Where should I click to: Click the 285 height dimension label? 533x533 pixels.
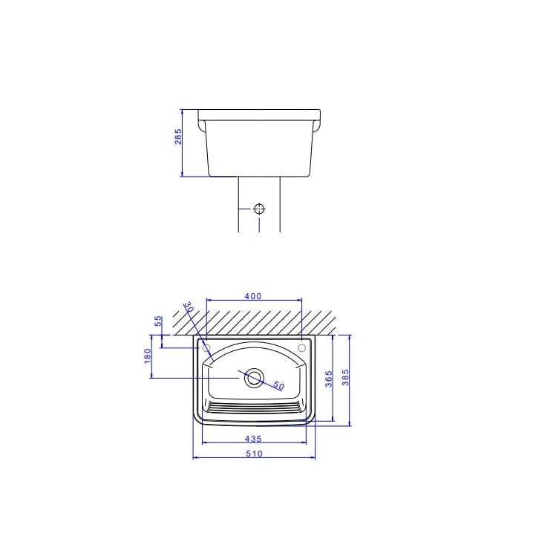tap(178, 137)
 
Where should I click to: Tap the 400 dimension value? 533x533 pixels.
tap(252, 296)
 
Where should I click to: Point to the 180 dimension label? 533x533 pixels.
tap(148, 356)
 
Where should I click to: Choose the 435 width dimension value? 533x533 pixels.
tap(254, 439)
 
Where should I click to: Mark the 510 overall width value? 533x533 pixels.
tap(254, 454)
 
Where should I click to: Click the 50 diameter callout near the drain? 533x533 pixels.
tap(279, 385)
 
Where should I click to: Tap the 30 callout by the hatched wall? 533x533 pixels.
tap(189, 307)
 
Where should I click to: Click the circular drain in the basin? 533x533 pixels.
tap(254, 377)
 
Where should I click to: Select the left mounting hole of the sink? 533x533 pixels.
tap(207, 347)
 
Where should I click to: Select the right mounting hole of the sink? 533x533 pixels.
tap(301, 347)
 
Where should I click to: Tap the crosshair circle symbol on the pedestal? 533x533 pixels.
tap(259, 208)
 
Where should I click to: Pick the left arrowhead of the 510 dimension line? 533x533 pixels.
tap(195, 458)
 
